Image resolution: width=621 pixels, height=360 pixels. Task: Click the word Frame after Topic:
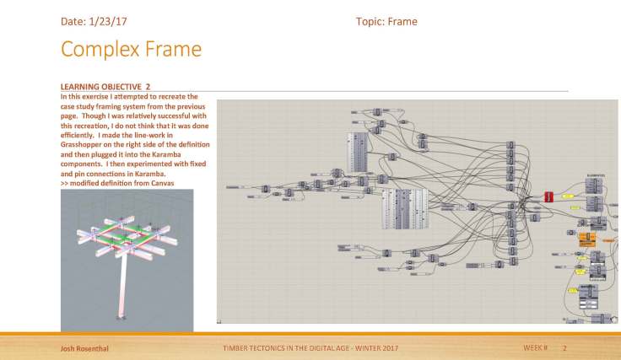point(402,21)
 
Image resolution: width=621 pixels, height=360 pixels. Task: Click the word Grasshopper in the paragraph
point(84,144)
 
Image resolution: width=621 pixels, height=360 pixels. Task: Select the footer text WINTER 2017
point(375,347)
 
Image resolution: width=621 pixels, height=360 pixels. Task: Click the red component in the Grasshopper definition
point(548,196)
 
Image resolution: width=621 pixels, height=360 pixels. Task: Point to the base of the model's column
point(124,319)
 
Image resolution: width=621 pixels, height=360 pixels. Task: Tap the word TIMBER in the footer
point(235,347)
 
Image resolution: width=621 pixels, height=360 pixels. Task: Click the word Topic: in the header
point(370,21)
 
